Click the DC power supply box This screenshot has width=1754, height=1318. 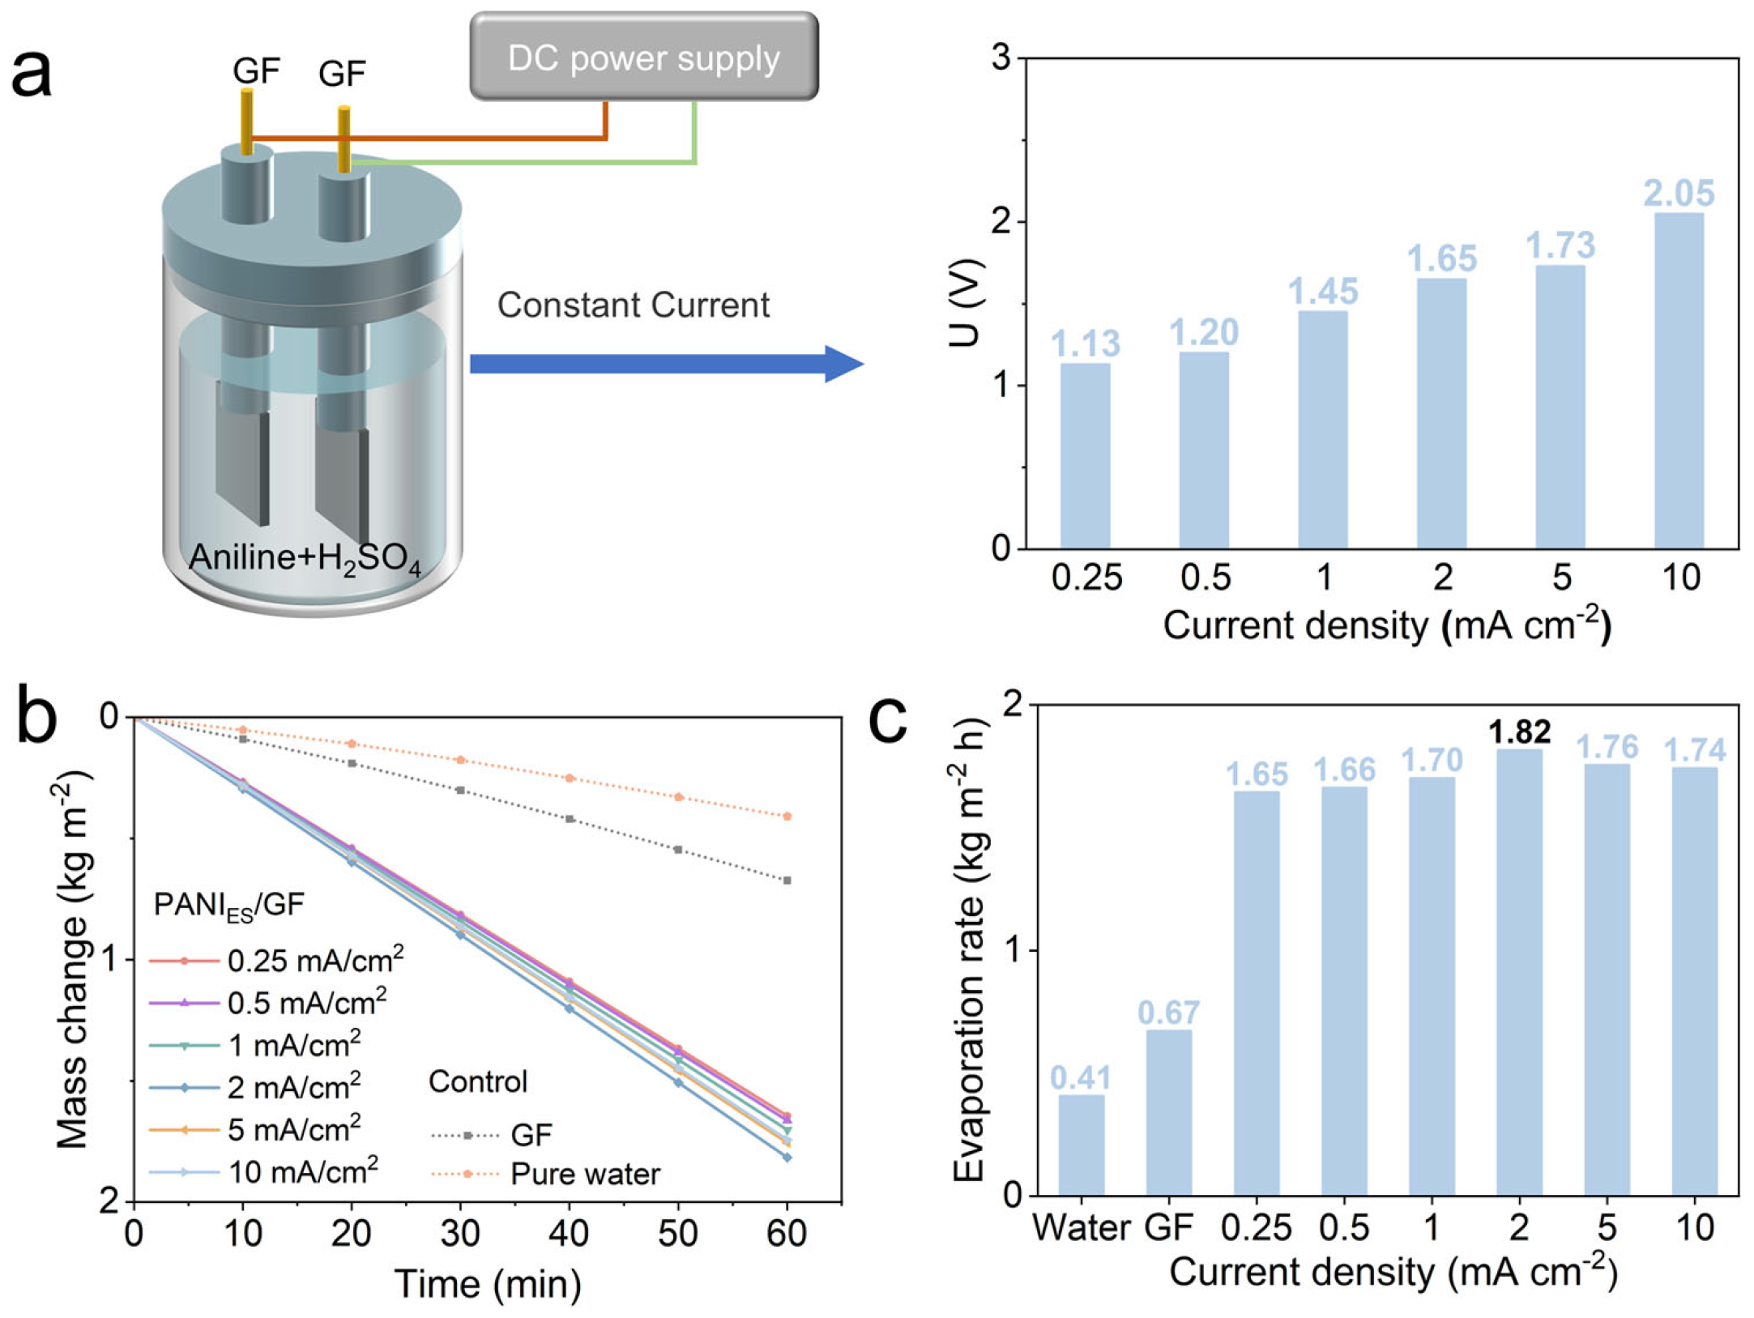[644, 57]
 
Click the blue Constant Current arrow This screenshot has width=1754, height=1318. [664, 364]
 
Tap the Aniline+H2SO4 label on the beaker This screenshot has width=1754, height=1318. [305, 559]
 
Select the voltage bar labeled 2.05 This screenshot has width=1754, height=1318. [1679, 381]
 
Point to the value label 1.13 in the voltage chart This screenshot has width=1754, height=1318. [1086, 343]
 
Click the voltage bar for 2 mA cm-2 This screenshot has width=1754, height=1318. [1441, 413]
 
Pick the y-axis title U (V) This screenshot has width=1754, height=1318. [966, 303]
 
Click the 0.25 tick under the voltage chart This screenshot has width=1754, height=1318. [1086, 578]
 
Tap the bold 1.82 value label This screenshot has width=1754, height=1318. [1519, 732]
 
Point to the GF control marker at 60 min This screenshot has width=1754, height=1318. [787, 881]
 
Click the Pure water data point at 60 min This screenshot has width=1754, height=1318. [787, 817]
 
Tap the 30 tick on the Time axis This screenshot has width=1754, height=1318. [460, 1233]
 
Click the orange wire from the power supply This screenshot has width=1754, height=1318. [429, 138]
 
